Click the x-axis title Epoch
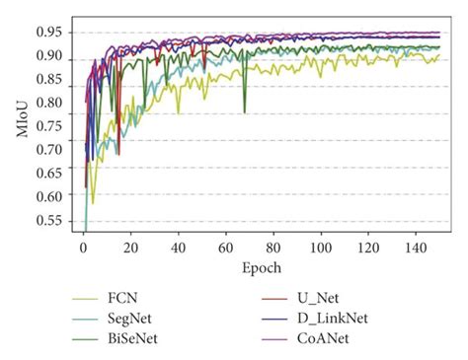coord(262,267)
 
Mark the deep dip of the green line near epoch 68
coord(245,111)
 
